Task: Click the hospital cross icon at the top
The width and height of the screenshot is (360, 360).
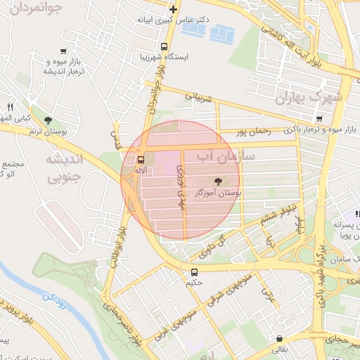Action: point(173,9)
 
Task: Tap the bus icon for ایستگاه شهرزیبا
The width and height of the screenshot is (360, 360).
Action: point(164,48)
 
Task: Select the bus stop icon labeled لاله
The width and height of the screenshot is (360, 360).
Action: point(141,159)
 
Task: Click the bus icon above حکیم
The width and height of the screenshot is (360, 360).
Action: point(194,272)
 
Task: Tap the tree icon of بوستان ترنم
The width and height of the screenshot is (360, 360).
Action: point(48,120)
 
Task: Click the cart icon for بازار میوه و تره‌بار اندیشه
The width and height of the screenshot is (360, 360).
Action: point(64,51)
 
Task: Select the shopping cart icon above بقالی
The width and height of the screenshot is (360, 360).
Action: point(280,338)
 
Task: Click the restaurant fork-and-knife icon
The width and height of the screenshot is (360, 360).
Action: point(10,107)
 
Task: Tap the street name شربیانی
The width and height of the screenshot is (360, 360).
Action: point(198,96)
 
